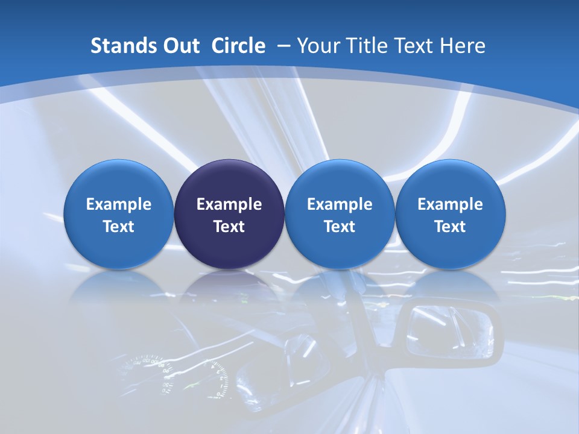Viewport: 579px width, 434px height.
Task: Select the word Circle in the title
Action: [x=238, y=46]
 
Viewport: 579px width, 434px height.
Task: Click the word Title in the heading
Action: [x=367, y=46]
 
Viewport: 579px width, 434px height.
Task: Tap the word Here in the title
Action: [x=463, y=46]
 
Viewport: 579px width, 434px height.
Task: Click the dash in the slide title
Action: [x=283, y=46]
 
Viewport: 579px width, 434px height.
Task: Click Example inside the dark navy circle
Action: [x=229, y=204]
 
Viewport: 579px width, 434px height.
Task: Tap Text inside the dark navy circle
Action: [x=229, y=227]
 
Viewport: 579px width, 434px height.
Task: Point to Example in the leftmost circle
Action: [x=119, y=204]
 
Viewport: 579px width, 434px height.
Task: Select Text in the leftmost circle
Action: [x=119, y=227]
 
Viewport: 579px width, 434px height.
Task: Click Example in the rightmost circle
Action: [x=451, y=204]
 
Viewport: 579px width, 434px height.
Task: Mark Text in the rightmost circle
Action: [x=451, y=227]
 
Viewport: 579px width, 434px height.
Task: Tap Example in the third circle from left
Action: [x=340, y=204]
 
